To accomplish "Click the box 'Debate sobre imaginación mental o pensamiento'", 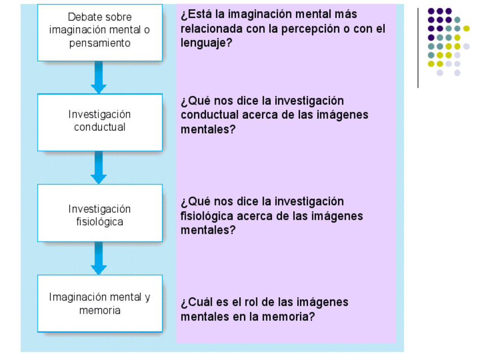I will (100, 32).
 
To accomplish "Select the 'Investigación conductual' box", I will (100, 122).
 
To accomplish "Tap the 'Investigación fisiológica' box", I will (100, 213).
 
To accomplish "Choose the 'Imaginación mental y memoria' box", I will (100, 303).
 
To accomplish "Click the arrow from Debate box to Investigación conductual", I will (99, 77).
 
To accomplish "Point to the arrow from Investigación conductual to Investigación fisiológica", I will (99, 168).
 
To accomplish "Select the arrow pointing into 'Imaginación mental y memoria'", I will (99, 258).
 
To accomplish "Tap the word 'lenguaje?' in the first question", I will (206, 43).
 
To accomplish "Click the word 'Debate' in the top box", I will (84, 18).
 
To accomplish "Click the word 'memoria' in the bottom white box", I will (100, 311).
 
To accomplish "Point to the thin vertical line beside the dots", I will (418, 48).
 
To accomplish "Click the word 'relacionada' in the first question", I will (209, 29).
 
